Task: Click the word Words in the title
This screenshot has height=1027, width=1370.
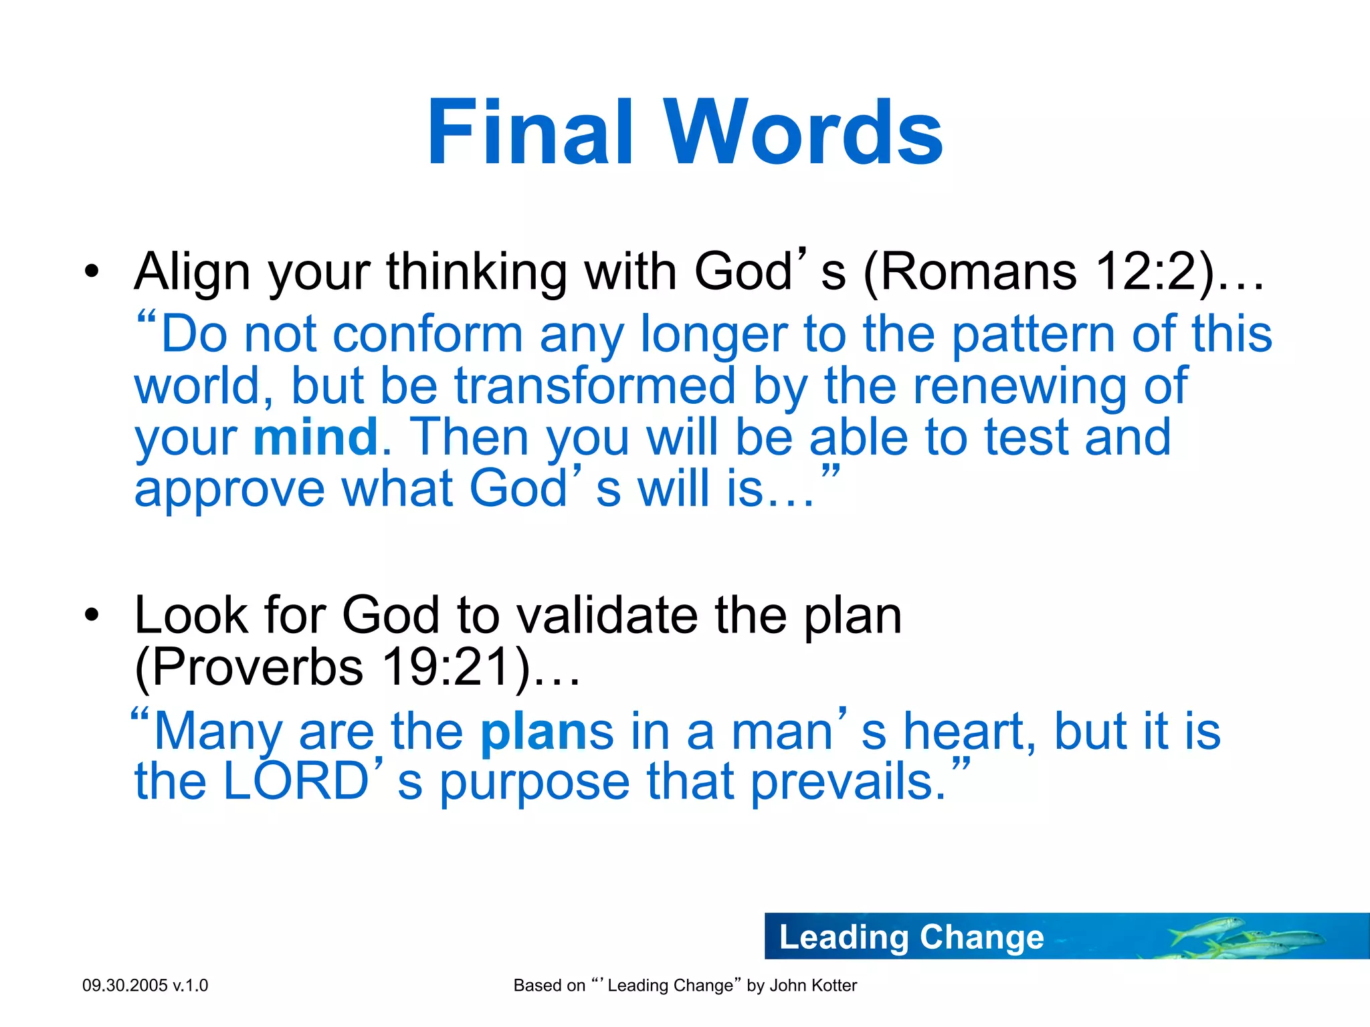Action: [802, 132]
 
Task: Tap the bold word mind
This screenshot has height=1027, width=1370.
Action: [316, 437]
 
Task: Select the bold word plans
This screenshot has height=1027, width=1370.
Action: [546, 731]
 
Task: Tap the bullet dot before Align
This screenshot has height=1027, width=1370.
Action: [92, 272]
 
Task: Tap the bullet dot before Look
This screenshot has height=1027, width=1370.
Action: [92, 615]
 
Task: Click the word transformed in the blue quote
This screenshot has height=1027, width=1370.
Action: [595, 386]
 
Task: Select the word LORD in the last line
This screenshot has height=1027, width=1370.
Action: [296, 781]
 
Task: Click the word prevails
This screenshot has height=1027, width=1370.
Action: [848, 781]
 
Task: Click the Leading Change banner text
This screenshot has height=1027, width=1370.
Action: [911, 937]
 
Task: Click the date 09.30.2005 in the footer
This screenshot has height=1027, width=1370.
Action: [124, 985]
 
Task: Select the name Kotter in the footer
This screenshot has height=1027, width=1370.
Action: [833, 985]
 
